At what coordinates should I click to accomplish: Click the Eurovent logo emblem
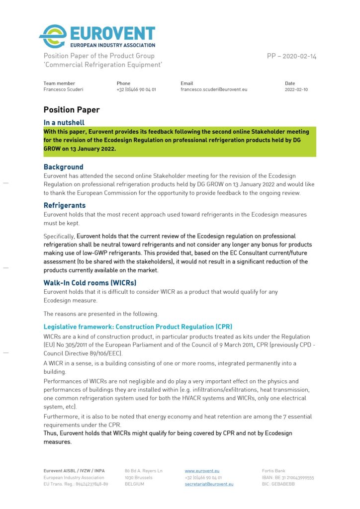(x=53, y=36)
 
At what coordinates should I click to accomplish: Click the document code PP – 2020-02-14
(x=291, y=56)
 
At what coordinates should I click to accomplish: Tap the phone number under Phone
(x=136, y=89)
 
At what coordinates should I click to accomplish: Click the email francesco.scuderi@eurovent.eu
(x=213, y=89)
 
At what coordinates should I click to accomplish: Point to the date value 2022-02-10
(x=296, y=89)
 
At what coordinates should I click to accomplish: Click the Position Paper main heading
(x=71, y=110)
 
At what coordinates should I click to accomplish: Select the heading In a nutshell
(x=64, y=123)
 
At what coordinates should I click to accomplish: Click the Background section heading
(x=63, y=167)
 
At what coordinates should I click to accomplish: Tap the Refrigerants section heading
(x=64, y=205)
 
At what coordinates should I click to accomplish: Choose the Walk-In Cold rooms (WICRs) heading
(x=90, y=283)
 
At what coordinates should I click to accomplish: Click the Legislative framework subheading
(x=138, y=327)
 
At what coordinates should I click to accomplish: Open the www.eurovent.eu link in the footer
(x=202, y=470)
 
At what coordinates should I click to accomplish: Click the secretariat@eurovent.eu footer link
(x=209, y=484)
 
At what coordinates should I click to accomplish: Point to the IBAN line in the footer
(x=288, y=477)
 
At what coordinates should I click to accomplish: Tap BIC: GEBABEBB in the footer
(x=278, y=484)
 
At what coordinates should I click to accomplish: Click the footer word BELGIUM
(x=134, y=484)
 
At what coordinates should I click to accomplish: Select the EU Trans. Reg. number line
(x=76, y=484)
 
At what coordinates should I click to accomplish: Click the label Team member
(x=59, y=83)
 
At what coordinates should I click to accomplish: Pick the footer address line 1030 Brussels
(x=138, y=477)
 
